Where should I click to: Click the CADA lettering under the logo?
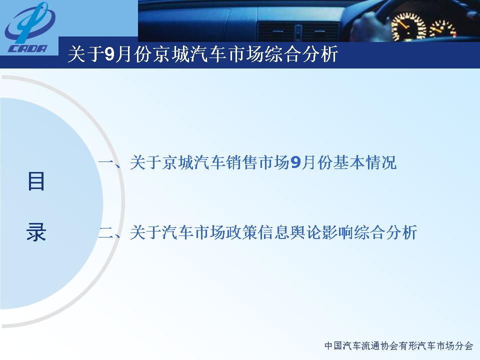point(28,48)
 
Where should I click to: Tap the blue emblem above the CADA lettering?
point(29,23)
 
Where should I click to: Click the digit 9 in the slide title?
point(109,54)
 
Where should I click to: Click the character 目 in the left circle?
point(36,181)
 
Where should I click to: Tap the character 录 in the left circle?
point(36,231)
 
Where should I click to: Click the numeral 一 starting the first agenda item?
point(106,162)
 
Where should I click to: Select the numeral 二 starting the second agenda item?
point(106,232)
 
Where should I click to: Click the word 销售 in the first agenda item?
point(242,162)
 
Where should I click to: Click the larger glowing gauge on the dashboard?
point(408,26)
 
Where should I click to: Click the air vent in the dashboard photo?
point(298,32)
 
